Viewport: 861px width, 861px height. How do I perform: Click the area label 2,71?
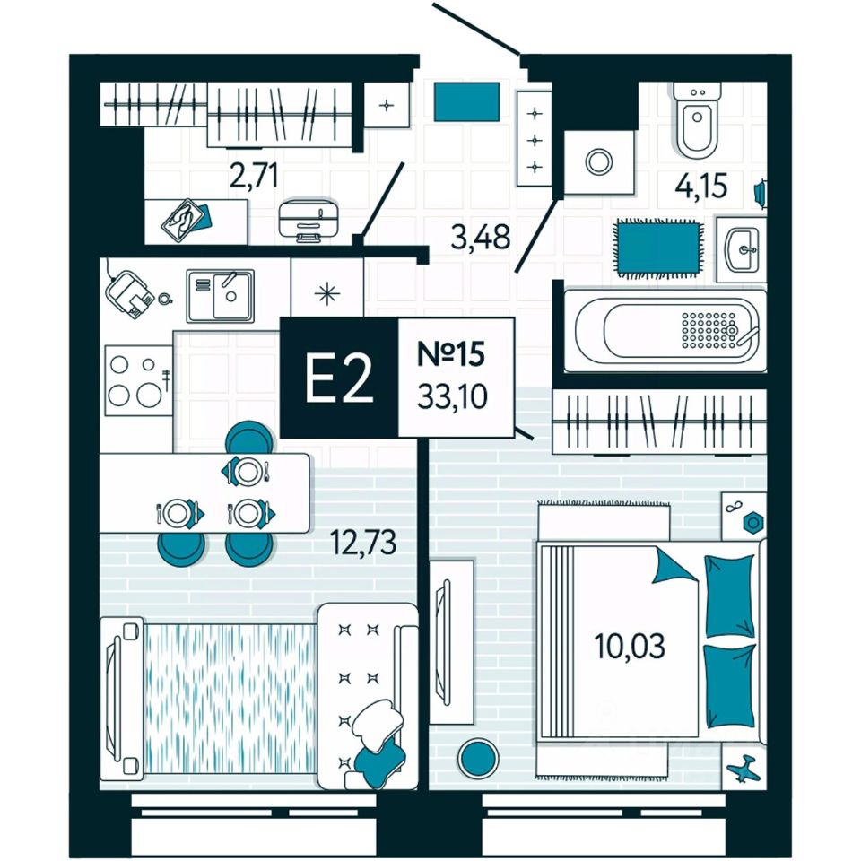(x=253, y=176)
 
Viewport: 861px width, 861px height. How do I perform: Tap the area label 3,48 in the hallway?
(x=479, y=238)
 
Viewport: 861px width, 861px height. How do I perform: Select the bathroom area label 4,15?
(x=701, y=187)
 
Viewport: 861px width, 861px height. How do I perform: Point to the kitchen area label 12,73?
(x=364, y=543)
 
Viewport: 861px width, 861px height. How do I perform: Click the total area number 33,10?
(x=453, y=396)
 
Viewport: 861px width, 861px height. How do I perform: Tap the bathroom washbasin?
(x=743, y=248)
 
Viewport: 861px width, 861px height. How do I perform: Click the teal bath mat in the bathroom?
(x=658, y=245)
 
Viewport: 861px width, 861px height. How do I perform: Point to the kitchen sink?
(x=221, y=294)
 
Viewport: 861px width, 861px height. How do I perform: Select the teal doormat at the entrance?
(x=466, y=102)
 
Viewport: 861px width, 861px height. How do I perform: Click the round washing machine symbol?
(x=597, y=161)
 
